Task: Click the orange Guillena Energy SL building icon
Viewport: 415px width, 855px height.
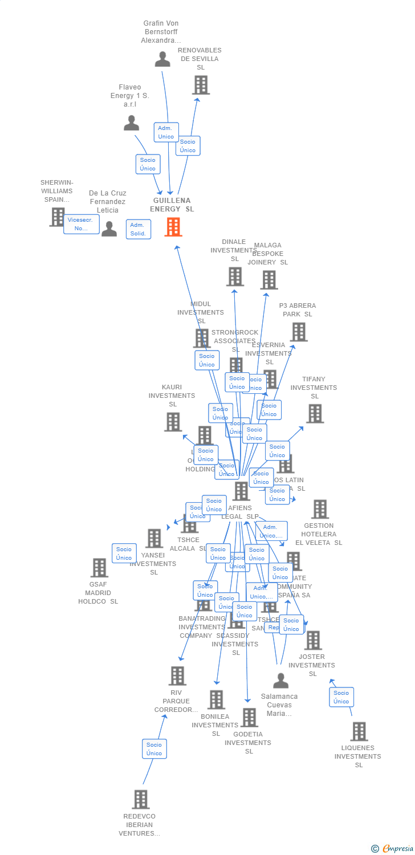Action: click(173, 227)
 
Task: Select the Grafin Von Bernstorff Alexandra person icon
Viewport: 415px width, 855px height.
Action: click(162, 59)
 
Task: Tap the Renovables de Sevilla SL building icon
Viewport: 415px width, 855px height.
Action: click(201, 85)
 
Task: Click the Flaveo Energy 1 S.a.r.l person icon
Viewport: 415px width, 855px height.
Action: click(132, 123)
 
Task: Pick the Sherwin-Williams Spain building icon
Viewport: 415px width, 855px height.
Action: click(58, 217)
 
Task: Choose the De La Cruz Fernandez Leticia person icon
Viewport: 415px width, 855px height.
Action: click(109, 229)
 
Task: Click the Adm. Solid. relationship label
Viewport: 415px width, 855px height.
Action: click(138, 229)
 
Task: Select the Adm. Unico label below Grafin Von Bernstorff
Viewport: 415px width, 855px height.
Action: click(166, 132)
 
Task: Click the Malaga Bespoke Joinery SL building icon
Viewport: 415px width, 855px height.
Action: click(269, 280)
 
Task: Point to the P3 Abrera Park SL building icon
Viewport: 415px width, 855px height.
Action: click(298, 332)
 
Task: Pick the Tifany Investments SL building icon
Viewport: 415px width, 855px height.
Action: click(315, 414)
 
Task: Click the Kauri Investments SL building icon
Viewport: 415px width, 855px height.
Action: click(173, 422)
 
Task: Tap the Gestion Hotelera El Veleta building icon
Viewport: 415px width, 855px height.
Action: click(320, 509)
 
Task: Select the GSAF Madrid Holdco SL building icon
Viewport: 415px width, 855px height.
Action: click(99, 568)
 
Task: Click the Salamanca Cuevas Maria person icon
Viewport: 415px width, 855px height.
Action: click(280, 681)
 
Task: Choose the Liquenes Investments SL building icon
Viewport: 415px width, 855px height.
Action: click(359, 731)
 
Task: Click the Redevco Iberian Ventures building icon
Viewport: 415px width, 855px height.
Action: click(141, 800)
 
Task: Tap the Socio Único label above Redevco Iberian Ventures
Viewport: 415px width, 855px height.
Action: click(154, 749)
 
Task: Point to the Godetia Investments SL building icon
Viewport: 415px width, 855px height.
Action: click(249, 718)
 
